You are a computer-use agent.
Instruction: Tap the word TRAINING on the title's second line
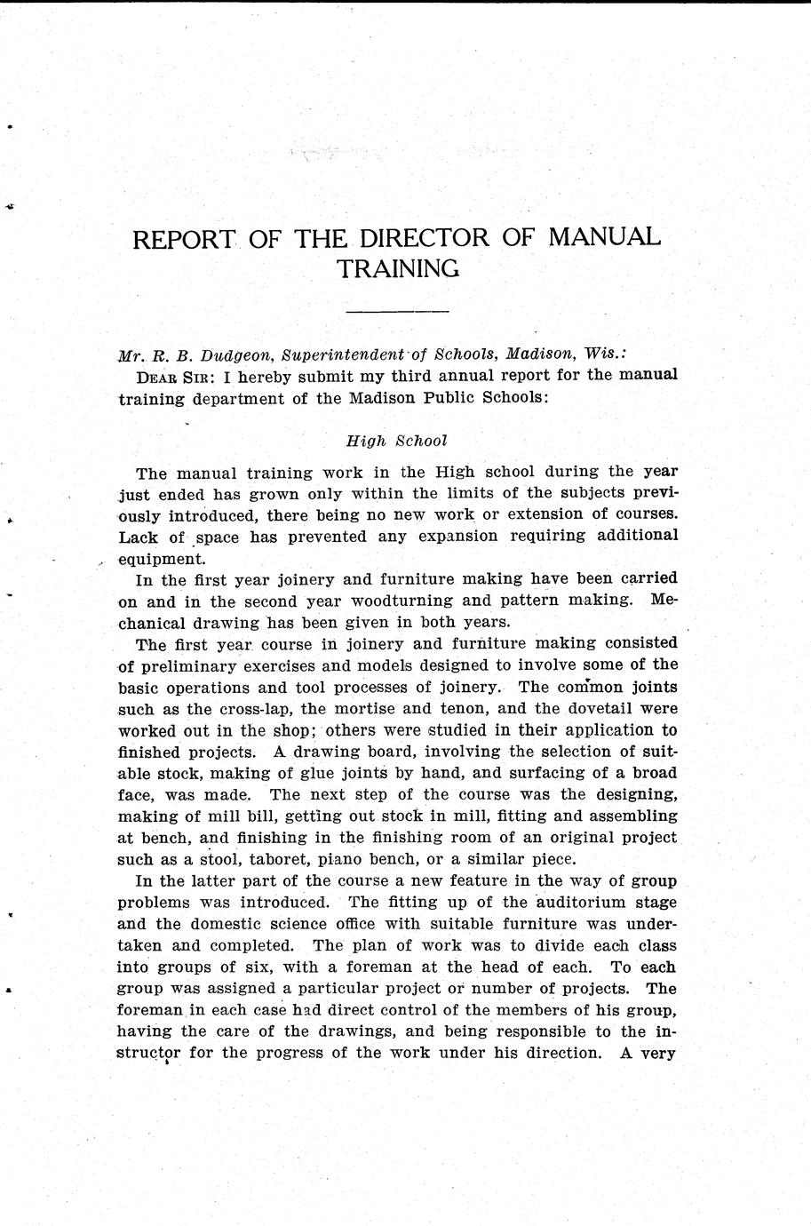(x=398, y=268)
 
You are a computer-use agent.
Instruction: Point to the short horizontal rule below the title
(x=397, y=312)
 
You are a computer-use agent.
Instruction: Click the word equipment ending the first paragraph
(x=160, y=559)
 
